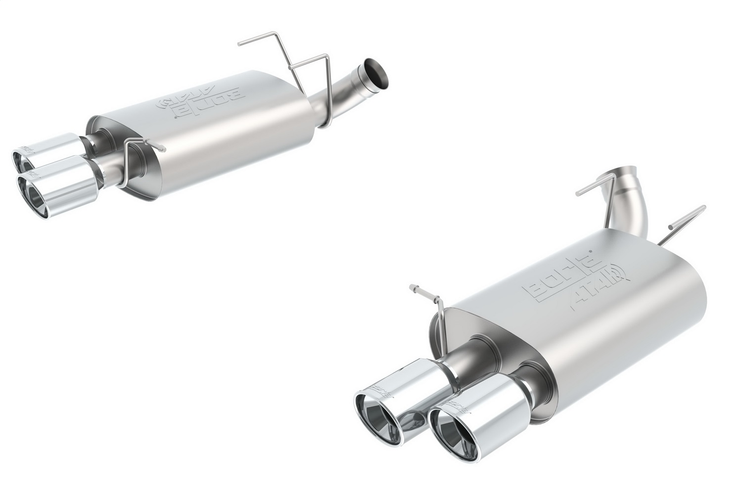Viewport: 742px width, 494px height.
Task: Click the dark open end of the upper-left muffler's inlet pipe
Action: tap(377, 72)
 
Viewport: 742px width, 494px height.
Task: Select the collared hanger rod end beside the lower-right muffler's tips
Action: tap(413, 287)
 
